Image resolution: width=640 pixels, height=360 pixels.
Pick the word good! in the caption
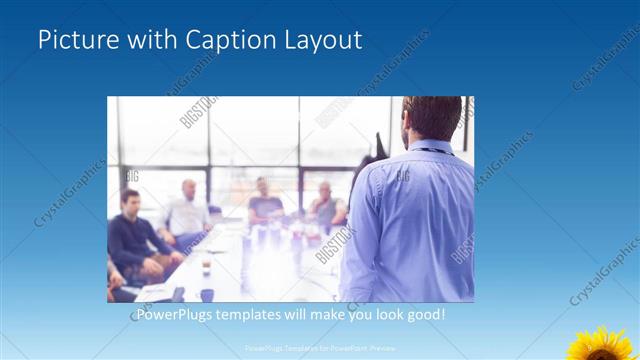pos(424,315)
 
